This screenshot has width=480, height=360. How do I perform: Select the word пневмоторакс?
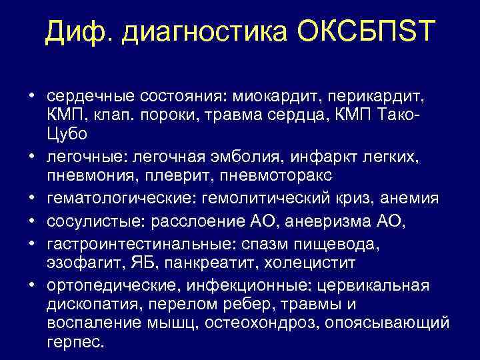(x=267, y=175)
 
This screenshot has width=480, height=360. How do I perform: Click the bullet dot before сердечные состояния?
(x=31, y=97)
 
